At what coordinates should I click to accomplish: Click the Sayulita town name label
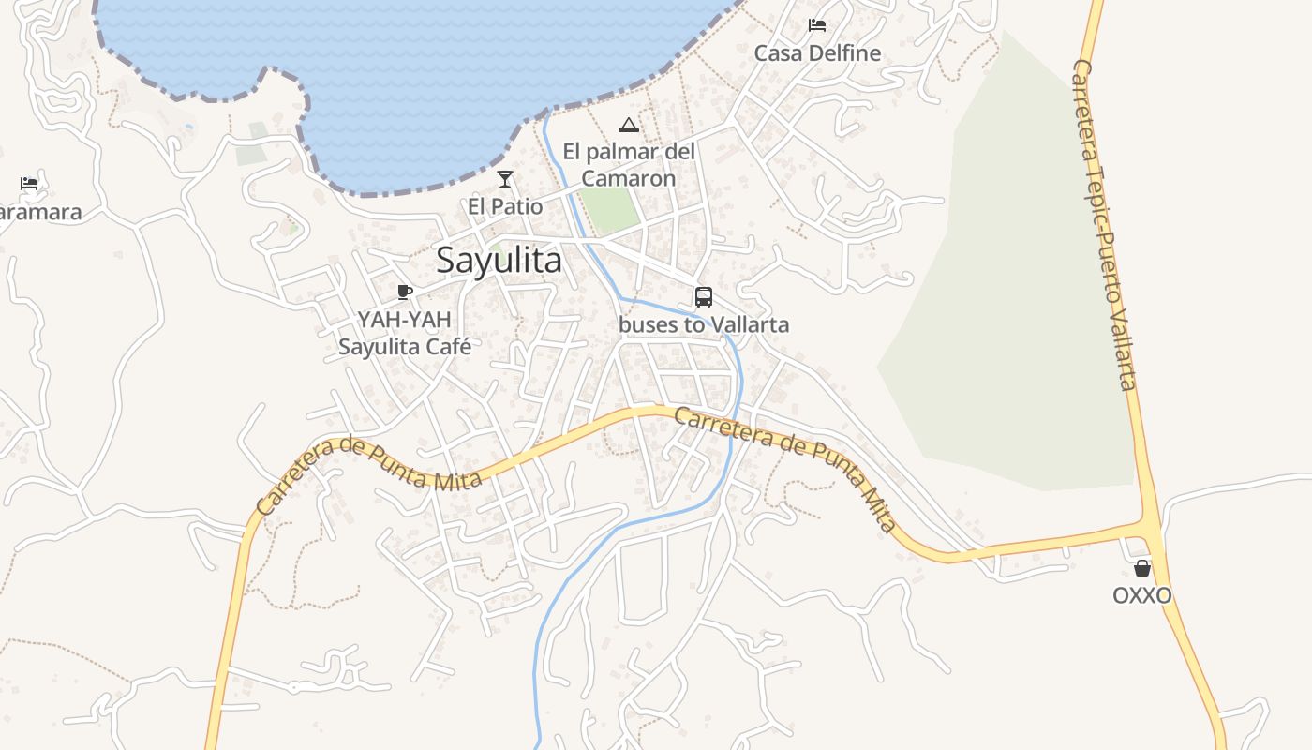point(499,260)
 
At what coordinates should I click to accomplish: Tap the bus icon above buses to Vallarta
point(704,297)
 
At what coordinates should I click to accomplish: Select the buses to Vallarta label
point(704,324)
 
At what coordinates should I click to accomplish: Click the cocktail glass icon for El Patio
point(505,179)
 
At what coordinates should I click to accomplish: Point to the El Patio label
point(505,204)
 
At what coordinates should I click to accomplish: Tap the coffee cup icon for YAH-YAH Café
point(405,292)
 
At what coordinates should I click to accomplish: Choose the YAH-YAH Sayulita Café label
point(405,333)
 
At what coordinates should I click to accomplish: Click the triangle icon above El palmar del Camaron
point(628,125)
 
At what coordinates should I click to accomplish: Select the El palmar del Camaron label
point(628,165)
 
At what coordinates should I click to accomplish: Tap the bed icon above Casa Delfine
point(817,25)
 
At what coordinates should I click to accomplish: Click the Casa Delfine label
point(817,52)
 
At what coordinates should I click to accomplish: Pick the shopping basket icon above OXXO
point(1142,568)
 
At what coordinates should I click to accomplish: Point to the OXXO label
point(1142,595)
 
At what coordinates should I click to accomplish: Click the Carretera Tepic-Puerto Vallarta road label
point(1105,225)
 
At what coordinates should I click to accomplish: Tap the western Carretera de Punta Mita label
point(369,476)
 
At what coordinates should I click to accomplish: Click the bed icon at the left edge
point(29,184)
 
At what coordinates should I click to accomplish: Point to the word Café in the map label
point(444,346)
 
